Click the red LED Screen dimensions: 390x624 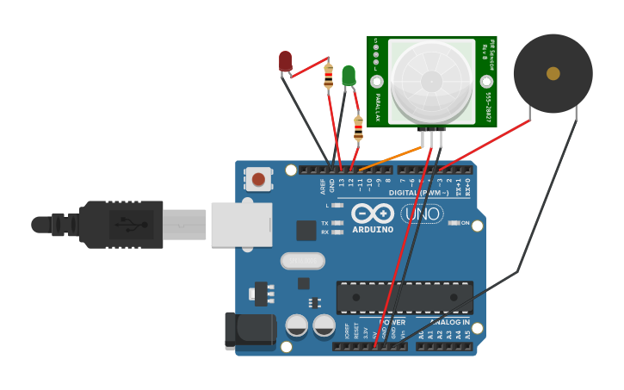coord(285,60)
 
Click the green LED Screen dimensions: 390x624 coord(348,76)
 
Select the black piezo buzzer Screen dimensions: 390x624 coord(553,74)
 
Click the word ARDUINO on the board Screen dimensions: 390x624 coord(373,230)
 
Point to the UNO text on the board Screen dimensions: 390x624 coord(423,214)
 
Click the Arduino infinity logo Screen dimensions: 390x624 coord(373,214)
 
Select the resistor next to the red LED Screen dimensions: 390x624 coord(328,77)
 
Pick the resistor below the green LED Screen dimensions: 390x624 coord(358,129)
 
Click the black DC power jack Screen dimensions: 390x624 coord(248,331)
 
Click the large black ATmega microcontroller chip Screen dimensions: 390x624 coord(404,296)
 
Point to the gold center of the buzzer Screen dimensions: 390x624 coord(553,74)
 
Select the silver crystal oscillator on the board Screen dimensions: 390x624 coord(303,260)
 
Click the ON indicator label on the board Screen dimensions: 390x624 coord(464,223)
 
